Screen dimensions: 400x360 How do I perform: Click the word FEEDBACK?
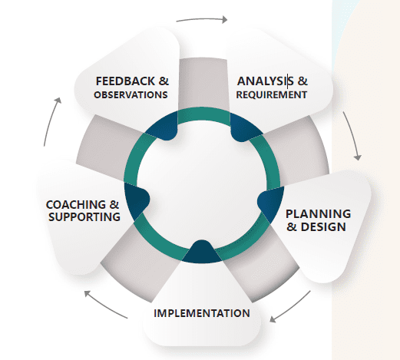coord(125,81)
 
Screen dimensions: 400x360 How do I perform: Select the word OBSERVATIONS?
coord(131,94)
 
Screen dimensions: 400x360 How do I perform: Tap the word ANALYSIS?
coord(266,81)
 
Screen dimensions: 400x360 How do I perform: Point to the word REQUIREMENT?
coord(272,94)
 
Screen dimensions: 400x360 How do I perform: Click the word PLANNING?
coord(318,214)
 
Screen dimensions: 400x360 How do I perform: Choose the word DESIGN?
coord(323,227)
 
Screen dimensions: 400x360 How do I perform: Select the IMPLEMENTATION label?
coord(202,313)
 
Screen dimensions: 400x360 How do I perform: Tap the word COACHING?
coord(76,205)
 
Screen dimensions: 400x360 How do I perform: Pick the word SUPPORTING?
coord(84,217)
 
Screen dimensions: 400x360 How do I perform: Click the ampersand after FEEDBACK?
coord(164,81)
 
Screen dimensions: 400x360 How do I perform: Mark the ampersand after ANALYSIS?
coord(302,81)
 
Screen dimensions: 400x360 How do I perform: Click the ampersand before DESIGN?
coord(292,227)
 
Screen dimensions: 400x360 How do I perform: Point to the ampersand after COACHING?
coord(114,205)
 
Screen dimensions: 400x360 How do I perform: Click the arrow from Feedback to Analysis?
coord(202,18)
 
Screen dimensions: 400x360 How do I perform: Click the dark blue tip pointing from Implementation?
coord(202,252)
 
